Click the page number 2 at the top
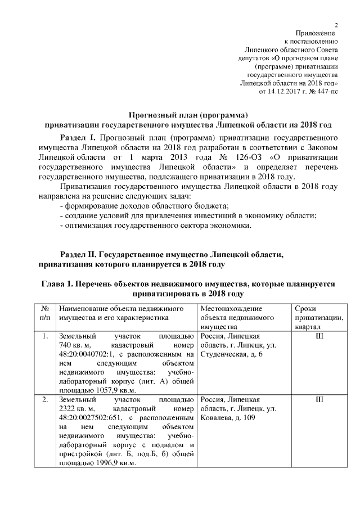(x=336, y=24)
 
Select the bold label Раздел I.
(x=78, y=137)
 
